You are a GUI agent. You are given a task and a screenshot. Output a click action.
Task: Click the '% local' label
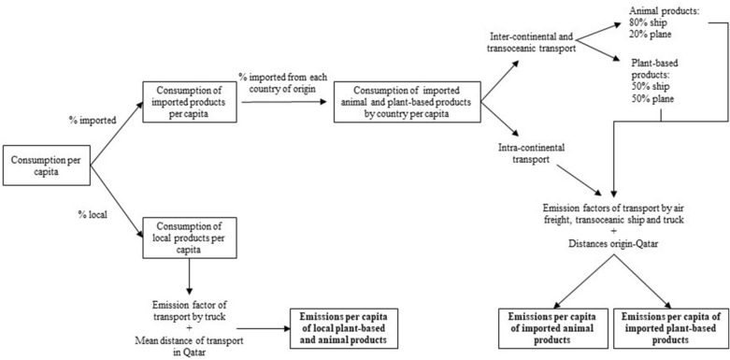94,216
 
